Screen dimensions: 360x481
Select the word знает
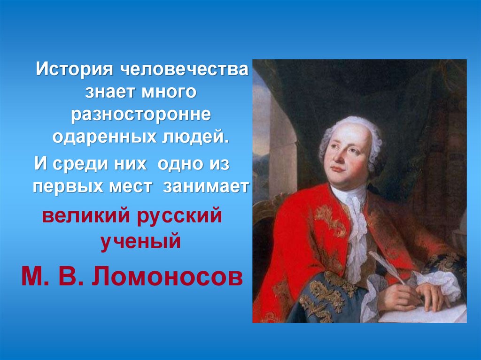[x=109, y=92]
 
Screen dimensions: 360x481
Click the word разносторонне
[x=140, y=115]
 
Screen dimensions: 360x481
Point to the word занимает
[x=206, y=186]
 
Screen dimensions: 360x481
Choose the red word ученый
[x=140, y=242]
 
